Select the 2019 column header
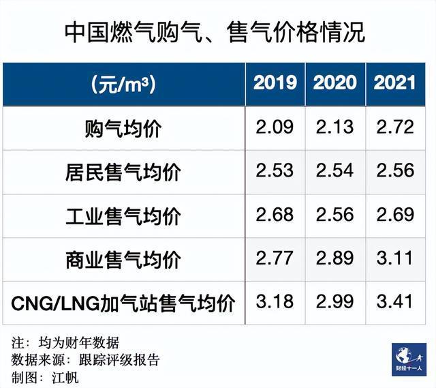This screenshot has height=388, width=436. pos(275,83)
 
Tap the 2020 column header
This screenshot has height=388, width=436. pos(335,83)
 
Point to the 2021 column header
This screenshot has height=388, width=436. pos(395,83)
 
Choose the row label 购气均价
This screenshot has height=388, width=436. pos(123,128)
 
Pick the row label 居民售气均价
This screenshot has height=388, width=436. pos(123,171)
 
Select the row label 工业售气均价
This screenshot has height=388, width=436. pos(123,215)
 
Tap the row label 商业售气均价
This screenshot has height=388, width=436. pos(123,259)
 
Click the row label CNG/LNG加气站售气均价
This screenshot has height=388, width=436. pos(123,303)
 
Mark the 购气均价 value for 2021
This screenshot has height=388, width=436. pos(395,127)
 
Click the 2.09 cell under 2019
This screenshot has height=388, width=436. pos(275,127)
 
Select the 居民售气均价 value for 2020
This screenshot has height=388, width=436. pos(335,170)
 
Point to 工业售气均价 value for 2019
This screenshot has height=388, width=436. pos(275,215)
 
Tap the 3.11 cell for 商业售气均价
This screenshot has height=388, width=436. pos(395,258)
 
